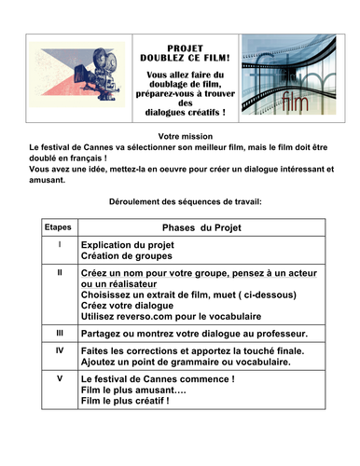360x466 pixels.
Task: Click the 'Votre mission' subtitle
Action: point(180,136)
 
